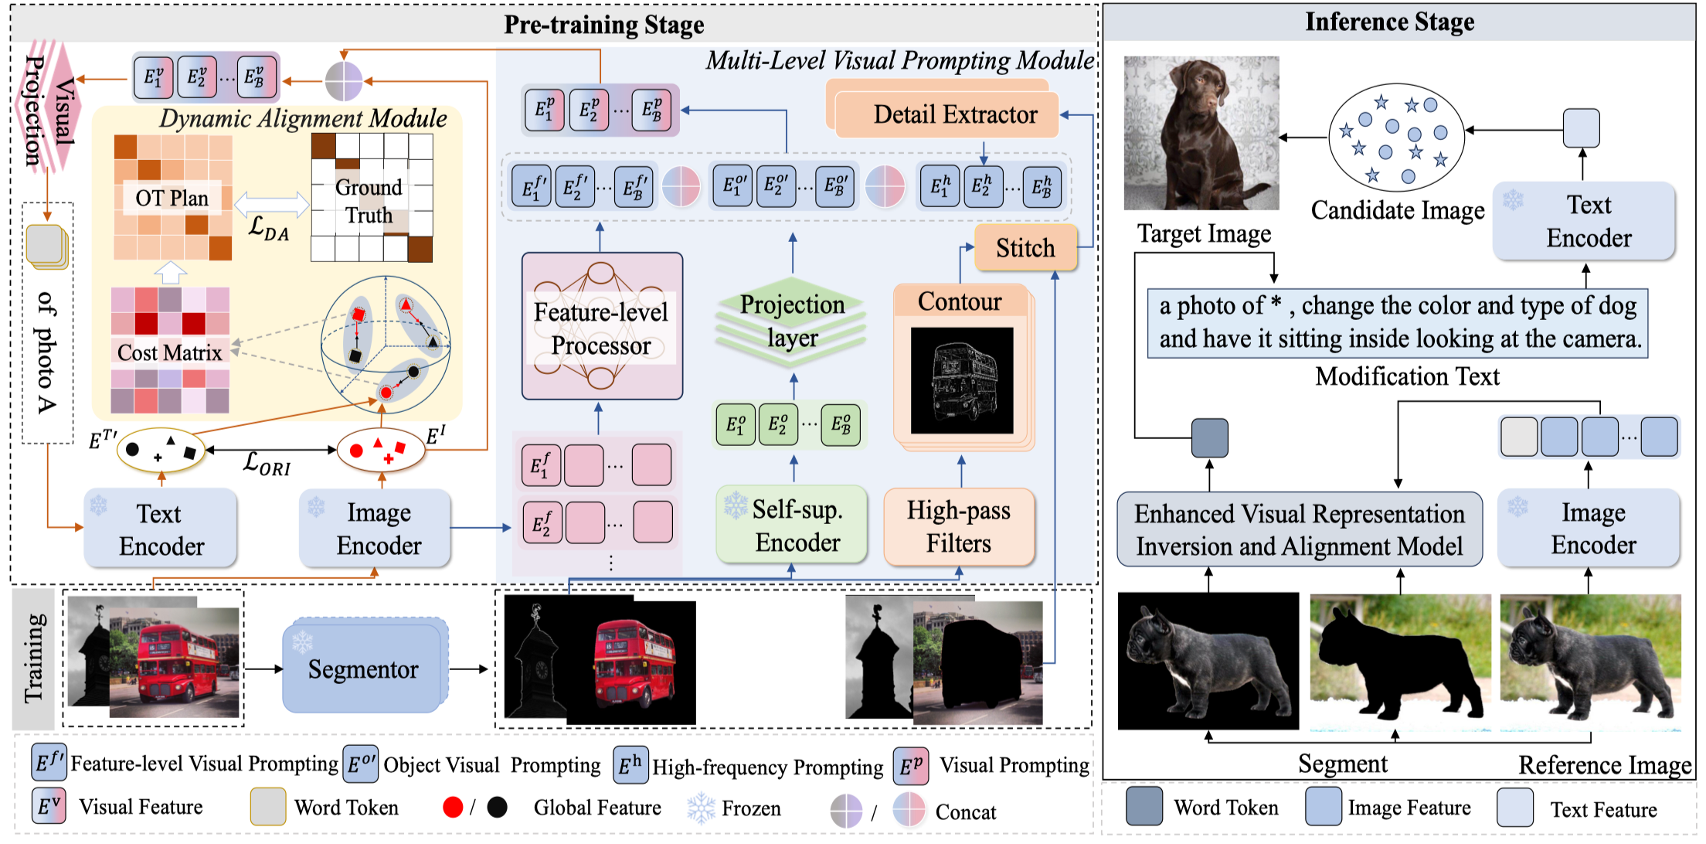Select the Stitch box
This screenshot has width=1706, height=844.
(1025, 248)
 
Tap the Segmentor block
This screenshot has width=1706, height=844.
(363, 669)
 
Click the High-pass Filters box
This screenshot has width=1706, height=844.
(958, 526)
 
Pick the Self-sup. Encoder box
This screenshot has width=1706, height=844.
(791, 526)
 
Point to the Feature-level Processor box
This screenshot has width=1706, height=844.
(601, 328)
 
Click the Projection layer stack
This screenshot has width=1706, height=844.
(791, 322)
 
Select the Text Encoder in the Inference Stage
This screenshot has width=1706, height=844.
(1587, 221)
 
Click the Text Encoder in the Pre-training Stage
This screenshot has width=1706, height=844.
(160, 529)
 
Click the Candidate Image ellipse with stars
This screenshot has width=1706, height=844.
(1395, 138)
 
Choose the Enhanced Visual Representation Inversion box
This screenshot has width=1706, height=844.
(1299, 529)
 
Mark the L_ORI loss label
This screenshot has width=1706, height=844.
(267, 464)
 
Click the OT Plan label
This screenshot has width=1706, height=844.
(172, 199)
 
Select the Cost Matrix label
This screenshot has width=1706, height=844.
(169, 352)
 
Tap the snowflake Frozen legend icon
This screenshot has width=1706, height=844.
(701, 808)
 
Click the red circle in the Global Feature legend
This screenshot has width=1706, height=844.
(453, 808)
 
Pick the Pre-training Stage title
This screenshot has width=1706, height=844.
(603, 25)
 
